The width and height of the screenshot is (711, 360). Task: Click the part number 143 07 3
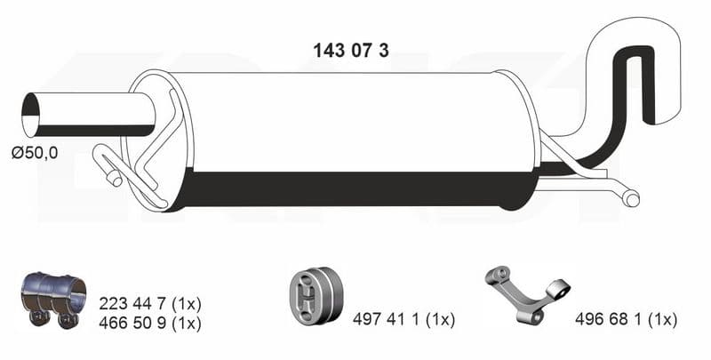tap(350, 51)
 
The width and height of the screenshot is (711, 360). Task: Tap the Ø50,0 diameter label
tap(35, 153)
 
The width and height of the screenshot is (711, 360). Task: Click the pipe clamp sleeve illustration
tap(53, 300)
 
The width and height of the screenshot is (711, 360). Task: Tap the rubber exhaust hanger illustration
tap(316, 295)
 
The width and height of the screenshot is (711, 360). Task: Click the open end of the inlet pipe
tap(30, 116)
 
